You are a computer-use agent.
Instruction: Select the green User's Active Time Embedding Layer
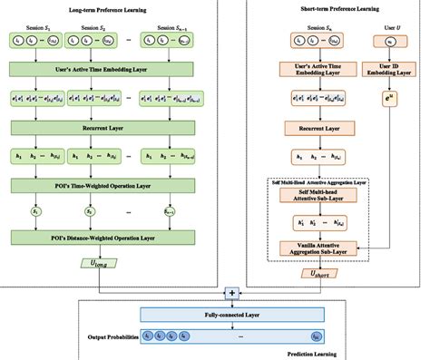pos(120,68)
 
